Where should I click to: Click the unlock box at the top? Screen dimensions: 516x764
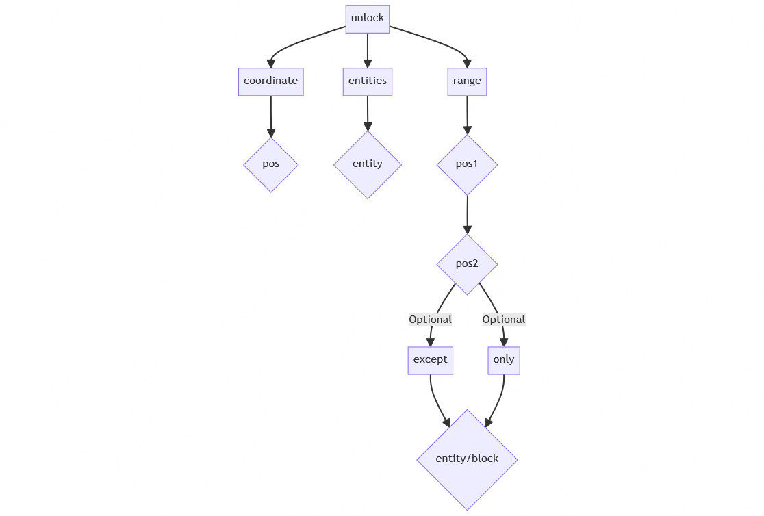[368, 18]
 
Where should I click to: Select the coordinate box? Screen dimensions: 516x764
[270, 81]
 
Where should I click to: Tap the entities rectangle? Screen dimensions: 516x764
[368, 81]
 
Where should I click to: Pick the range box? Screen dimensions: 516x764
[467, 81]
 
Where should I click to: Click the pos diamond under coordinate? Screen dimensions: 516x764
[270, 164]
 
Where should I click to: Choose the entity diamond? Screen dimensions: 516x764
[368, 164]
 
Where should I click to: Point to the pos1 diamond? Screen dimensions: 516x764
[467, 164]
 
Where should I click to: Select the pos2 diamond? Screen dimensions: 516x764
[467, 264]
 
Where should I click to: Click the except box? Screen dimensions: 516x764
[430, 360]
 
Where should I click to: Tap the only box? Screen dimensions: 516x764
[504, 360]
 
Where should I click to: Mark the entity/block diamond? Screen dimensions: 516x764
[467, 459]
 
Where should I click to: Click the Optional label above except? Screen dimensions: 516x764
[430, 320]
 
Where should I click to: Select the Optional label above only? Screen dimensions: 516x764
[504, 320]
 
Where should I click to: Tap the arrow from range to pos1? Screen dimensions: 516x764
[467, 114]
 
